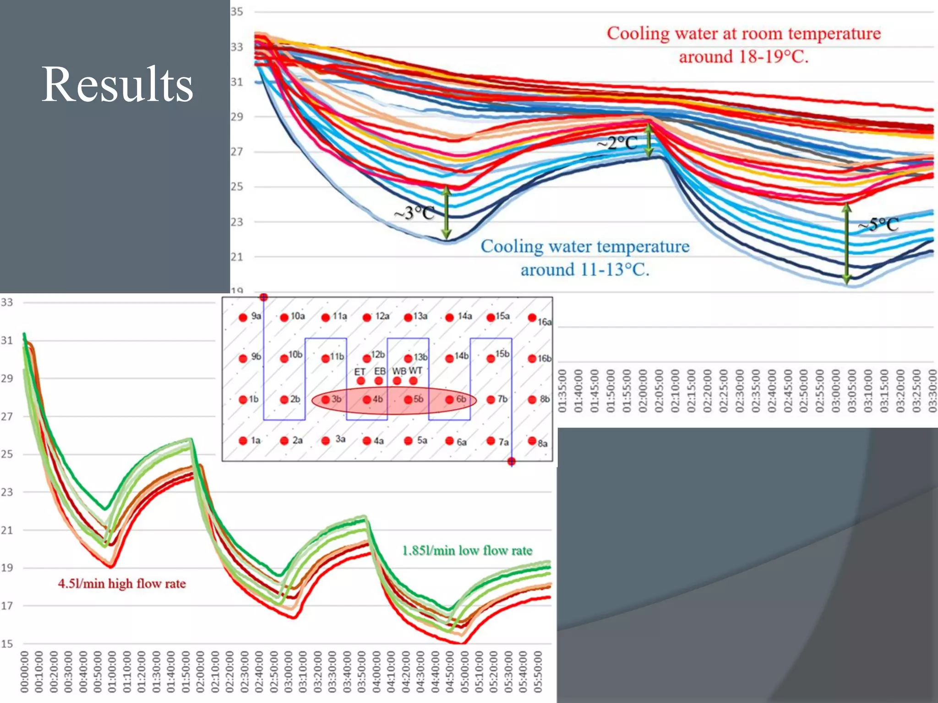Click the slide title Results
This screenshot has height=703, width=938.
pyautogui.click(x=117, y=84)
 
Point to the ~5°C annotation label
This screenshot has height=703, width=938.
pyautogui.click(x=878, y=224)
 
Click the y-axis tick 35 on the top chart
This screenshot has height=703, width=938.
pyautogui.click(x=237, y=12)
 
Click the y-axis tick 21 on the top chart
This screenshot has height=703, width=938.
pyautogui.click(x=237, y=257)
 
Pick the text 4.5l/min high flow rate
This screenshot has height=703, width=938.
pyautogui.click(x=122, y=584)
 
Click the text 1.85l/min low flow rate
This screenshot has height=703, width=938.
pyautogui.click(x=467, y=550)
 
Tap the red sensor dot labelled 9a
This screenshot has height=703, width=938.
pyautogui.click(x=243, y=317)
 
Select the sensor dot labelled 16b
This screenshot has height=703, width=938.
pyautogui.click(x=532, y=358)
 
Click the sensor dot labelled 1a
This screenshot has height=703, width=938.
pyautogui.click(x=243, y=441)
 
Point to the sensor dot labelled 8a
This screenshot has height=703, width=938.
pyautogui.click(x=532, y=441)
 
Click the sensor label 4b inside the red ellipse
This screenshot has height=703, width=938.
pyautogui.click(x=377, y=399)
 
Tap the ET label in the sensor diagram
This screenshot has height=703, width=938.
pyautogui.click(x=360, y=372)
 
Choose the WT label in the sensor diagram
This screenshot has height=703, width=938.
pyautogui.click(x=415, y=370)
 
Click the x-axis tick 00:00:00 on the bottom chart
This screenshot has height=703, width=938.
pyautogui.click(x=25, y=671)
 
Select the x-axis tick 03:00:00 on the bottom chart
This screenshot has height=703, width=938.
pyautogui.click(x=289, y=671)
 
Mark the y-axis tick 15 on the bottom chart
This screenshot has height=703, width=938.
pyautogui.click(x=7, y=644)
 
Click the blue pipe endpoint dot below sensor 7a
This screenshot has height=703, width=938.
pyautogui.click(x=512, y=461)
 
